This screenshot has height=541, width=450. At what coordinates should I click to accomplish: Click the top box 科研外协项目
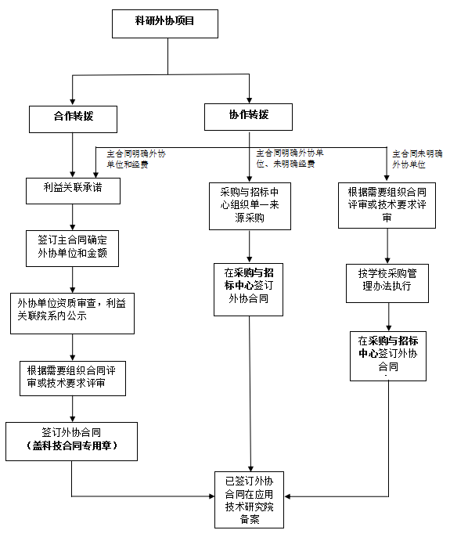(165, 23)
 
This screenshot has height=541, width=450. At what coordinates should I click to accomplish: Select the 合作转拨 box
(73, 119)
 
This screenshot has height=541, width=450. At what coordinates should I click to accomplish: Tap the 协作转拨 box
(248, 117)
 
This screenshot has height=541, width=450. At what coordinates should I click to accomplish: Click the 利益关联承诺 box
(73, 191)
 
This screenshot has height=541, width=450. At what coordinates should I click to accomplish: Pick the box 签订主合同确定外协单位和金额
(73, 248)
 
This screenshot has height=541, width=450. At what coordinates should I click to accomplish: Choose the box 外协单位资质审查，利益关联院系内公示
(73, 313)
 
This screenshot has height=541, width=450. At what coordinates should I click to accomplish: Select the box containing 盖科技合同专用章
(72, 442)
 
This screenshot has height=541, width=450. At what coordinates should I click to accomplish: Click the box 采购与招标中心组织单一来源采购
(250, 206)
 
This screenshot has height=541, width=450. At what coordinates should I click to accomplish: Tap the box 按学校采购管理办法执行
(387, 283)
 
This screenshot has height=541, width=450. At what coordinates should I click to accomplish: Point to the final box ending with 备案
(250, 500)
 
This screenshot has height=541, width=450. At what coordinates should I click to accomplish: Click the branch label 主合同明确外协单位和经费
(136, 159)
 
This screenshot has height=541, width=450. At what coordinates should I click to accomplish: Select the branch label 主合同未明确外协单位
(417, 159)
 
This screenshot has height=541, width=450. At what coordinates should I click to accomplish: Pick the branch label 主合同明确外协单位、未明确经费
(290, 158)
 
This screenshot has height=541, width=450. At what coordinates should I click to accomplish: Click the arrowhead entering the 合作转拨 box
(73, 102)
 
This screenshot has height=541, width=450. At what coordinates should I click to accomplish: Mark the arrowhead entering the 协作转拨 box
(249, 99)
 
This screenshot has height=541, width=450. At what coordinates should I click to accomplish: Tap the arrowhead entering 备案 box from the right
(288, 496)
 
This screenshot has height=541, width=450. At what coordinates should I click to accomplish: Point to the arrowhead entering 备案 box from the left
(211, 496)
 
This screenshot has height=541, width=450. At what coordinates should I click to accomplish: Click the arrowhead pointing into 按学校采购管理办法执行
(387, 260)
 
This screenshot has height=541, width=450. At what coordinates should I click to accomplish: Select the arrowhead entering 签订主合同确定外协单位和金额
(73, 227)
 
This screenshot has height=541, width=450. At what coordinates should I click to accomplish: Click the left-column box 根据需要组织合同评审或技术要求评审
(73, 378)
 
